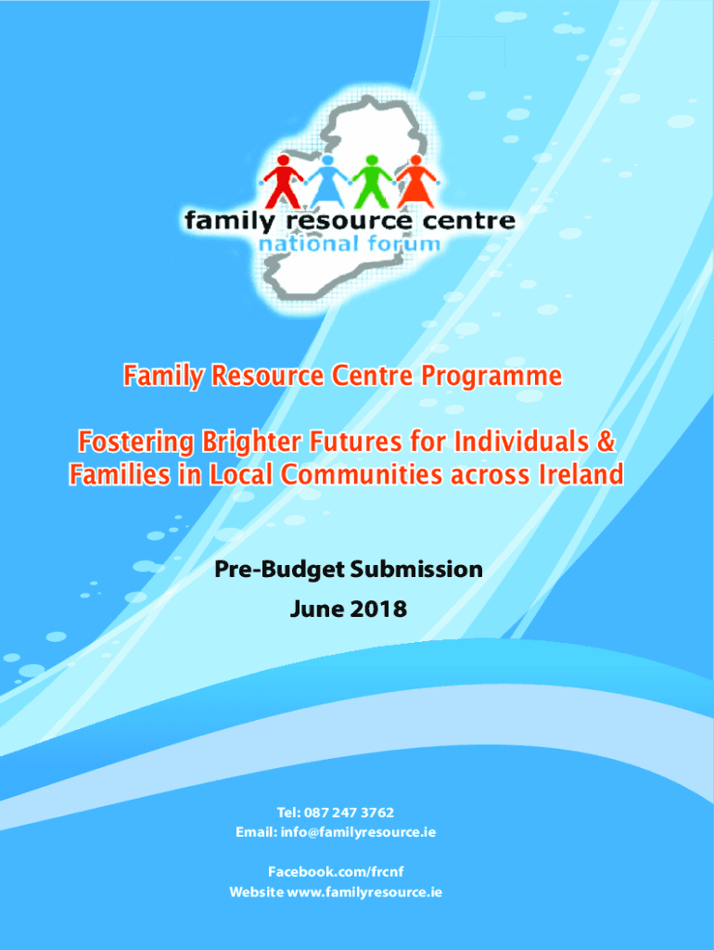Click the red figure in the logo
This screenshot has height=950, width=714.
tap(282, 182)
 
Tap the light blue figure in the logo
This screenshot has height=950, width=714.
tap(327, 182)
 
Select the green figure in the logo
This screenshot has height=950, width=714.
tap(372, 182)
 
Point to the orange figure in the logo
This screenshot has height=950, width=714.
tap(416, 182)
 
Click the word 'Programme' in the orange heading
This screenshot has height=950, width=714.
tap(491, 377)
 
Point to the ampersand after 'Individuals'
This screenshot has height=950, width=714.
tap(606, 441)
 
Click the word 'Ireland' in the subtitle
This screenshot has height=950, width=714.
tap(580, 474)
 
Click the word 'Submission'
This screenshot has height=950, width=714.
tap(416, 569)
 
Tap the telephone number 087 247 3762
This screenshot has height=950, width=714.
tap(349, 812)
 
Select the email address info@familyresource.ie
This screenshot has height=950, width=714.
tap(358, 832)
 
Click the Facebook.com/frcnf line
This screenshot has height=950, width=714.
tap(336, 872)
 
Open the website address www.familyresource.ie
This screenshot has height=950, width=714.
tap(364, 892)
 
